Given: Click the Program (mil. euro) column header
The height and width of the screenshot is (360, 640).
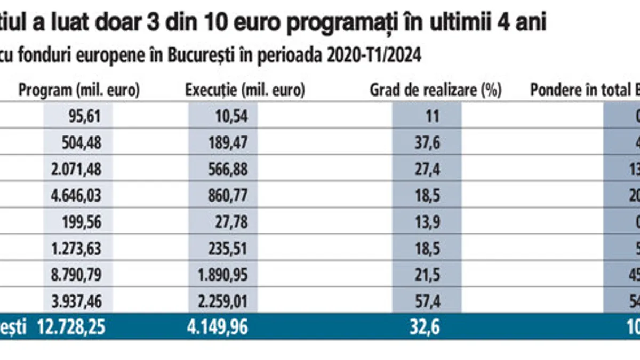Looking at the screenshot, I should pyautogui.click(x=79, y=91).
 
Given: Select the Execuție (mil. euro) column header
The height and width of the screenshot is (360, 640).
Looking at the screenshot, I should pyautogui.click(x=245, y=91).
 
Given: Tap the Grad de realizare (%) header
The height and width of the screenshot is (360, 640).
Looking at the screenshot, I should pyautogui.click(x=436, y=91).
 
